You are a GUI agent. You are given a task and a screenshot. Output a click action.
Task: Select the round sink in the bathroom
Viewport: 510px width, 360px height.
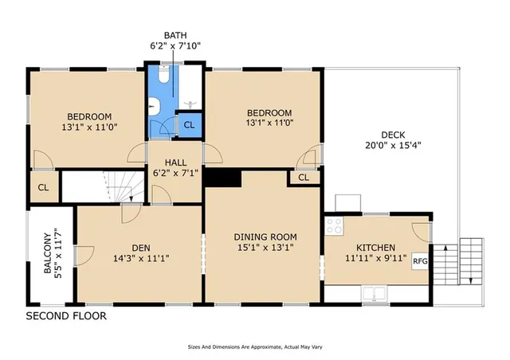tap(155, 108)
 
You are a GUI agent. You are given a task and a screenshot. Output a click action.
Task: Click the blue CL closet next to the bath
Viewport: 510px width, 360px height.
tap(189, 123)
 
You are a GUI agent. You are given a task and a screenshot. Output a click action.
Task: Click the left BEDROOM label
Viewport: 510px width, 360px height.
tap(88, 115)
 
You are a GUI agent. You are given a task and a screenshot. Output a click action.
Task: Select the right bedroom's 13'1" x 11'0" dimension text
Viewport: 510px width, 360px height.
tap(269, 123)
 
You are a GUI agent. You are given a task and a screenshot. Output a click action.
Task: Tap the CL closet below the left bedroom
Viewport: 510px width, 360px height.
tap(44, 187)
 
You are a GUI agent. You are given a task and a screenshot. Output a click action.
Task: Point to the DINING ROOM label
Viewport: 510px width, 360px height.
tap(265, 237)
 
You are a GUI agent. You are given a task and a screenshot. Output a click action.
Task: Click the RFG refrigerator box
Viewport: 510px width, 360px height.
tap(418, 260)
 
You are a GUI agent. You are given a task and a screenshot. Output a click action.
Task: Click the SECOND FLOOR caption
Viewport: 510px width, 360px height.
tap(66, 316)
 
